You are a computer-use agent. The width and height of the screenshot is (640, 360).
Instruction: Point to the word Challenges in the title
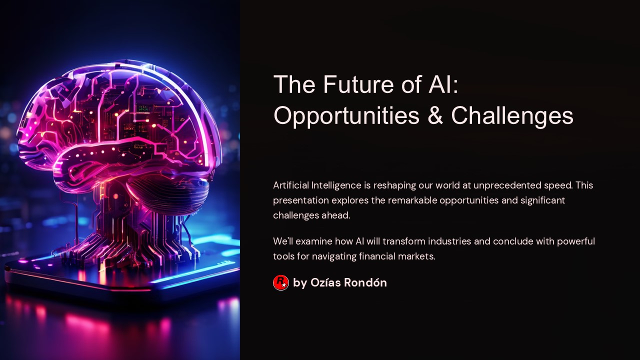512,115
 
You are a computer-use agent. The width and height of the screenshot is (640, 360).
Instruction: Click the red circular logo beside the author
281,282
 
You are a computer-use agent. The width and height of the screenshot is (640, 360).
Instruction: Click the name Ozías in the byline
325,282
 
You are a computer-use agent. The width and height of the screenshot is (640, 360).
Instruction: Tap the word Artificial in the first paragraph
291,185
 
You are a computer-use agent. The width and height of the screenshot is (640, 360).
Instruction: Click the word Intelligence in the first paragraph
336,185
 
